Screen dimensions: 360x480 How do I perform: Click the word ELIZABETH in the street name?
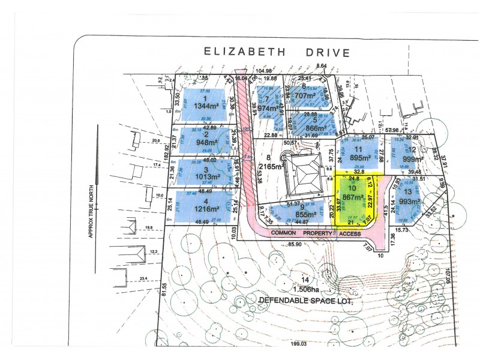pyautogui.click(x=236, y=52)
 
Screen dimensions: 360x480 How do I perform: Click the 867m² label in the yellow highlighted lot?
pyautogui.click(x=354, y=197)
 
